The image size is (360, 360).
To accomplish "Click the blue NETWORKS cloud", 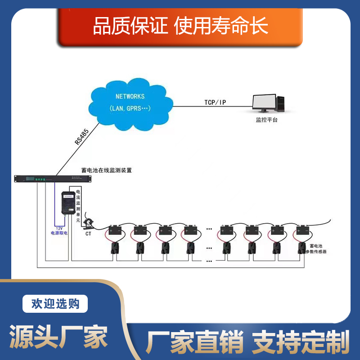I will pyautogui.click(x=130, y=103).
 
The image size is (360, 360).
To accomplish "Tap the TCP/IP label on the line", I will pyautogui.click(x=215, y=103).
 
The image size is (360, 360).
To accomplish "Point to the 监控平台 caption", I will pyautogui.click(x=267, y=120).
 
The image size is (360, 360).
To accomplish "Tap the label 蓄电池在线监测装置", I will pyautogui.click(x=107, y=171).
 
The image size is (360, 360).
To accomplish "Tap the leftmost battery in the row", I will pyautogui.click(x=116, y=230).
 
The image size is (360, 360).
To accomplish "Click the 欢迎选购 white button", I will pyautogui.click(x=55, y=304).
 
